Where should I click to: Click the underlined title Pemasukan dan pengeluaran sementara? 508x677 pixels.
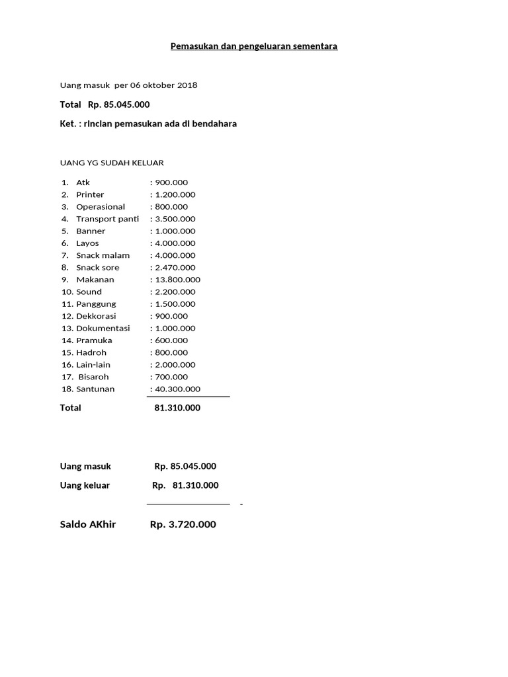[254, 46]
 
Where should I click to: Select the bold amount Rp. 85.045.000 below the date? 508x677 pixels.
[118, 104]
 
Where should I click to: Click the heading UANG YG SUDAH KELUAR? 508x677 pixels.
[112, 163]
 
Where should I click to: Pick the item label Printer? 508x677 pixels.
[90, 194]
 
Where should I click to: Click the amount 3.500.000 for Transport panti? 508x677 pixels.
[175, 219]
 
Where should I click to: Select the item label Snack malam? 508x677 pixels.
[103, 255]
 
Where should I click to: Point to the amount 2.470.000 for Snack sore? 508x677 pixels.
[175, 268]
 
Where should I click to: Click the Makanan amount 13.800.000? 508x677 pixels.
[177, 280]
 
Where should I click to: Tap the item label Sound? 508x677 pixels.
[89, 292]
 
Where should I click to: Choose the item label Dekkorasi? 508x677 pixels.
[96, 316]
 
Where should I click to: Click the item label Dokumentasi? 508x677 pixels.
[103, 328]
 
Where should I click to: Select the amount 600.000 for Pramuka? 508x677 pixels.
[171, 340]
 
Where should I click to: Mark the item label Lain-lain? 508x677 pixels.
[95, 364]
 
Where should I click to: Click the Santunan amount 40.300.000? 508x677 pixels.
[177, 389]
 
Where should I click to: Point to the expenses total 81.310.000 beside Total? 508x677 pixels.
[177, 408]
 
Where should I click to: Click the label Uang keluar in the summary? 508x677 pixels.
[85, 485]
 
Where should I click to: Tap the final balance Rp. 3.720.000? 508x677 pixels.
[183, 524]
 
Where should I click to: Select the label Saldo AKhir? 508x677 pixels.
[88, 524]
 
